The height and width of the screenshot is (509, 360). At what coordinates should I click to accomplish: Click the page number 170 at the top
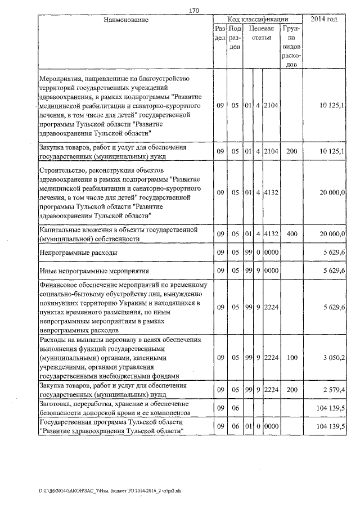point(195,10)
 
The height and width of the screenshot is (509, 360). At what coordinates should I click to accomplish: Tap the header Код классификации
point(258,20)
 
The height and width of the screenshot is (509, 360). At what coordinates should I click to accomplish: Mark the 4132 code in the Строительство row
point(271,192)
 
